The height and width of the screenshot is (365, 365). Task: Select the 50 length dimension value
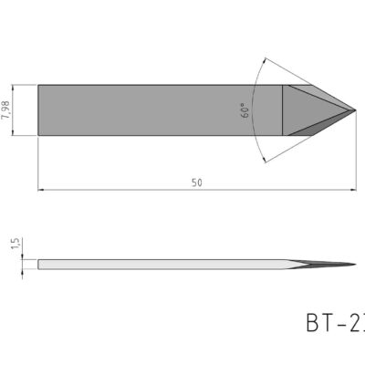click(196, 182)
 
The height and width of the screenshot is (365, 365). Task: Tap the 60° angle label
click(245, 111)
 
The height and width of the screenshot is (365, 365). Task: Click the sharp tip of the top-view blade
click(355, 110)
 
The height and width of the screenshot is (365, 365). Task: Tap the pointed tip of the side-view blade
click(355, 265)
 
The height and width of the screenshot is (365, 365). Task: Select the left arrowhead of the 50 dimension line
click(41, 190)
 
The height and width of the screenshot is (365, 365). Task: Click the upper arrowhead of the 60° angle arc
click(262, 64)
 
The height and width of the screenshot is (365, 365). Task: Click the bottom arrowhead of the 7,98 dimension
click(16, 133)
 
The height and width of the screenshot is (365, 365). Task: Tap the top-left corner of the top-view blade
click(38, 85)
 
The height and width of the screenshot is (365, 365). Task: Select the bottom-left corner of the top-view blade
click(38, 136)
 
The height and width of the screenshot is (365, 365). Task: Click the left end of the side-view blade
click(39, 265)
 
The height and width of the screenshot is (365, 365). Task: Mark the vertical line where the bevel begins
click(283, 110)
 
